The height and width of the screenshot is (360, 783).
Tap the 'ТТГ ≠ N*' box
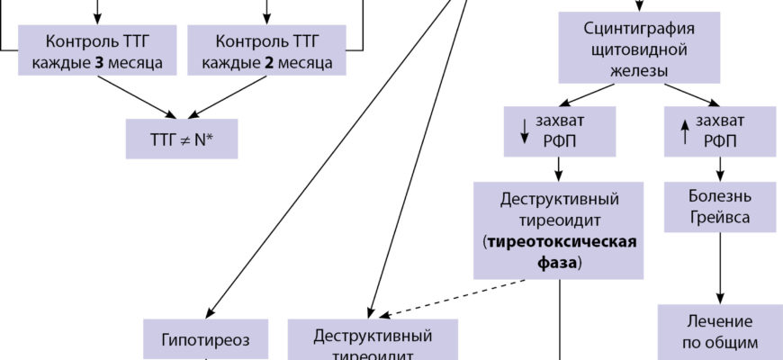[x=182, y=140]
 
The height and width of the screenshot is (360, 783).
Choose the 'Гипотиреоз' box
[x=206, y=339]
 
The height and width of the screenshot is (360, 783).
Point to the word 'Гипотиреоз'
[x=206, y=339]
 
